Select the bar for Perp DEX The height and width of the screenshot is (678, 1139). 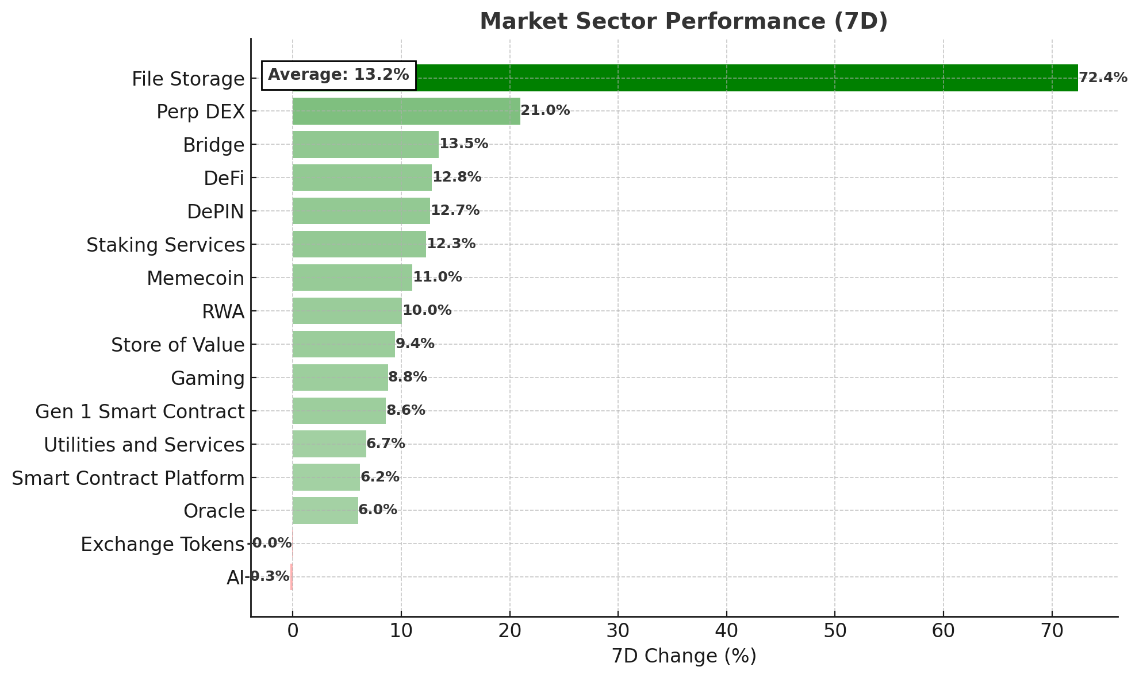click(406, 111)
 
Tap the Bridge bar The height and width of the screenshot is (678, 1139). click(365, 144)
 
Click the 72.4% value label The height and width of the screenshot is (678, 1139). click(1102, 78)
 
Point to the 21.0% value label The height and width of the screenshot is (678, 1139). click(545, 111)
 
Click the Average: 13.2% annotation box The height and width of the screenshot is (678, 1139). click(339, 75)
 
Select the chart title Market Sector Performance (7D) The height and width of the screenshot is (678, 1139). click(684, 21)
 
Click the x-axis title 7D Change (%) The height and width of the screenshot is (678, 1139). click(684, 656)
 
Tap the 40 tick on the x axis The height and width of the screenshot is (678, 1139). click(726, 631)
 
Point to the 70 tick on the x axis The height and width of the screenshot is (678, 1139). click(1052, 631)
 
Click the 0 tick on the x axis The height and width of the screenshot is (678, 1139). click(293, 631)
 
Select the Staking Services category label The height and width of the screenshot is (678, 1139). click(165, 245)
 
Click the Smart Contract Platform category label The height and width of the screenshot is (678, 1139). click(128, 478)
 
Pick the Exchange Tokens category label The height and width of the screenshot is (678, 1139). click(162, 544)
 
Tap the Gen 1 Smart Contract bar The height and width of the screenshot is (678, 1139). click(339, 411)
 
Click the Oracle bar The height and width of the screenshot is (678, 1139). click(325, 511)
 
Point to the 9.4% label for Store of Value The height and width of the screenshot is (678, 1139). click(415, 344)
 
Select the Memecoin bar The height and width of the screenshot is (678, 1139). click(352, 278)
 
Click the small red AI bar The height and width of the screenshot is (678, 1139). click(292, 577)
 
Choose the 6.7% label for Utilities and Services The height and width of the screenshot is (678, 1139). click(385, 444)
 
